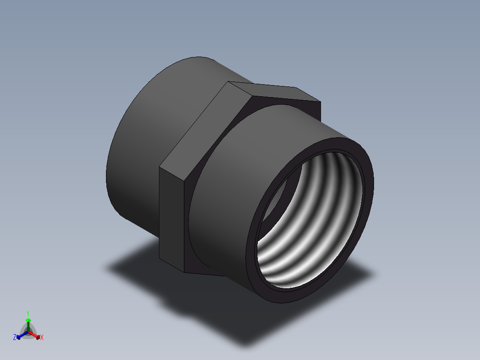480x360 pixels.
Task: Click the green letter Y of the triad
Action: (28, 313)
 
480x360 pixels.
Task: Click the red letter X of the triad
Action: (42, 338)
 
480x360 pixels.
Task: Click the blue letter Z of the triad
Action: (15, 337)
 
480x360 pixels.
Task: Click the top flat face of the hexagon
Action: (272, 91)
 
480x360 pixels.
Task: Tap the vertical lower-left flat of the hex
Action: (171, 218)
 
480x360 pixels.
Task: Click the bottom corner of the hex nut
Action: (184, 272)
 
